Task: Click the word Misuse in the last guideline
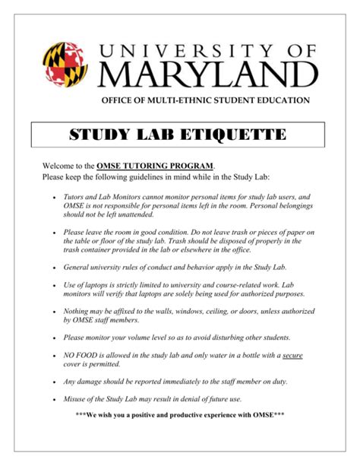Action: (78, 398)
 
